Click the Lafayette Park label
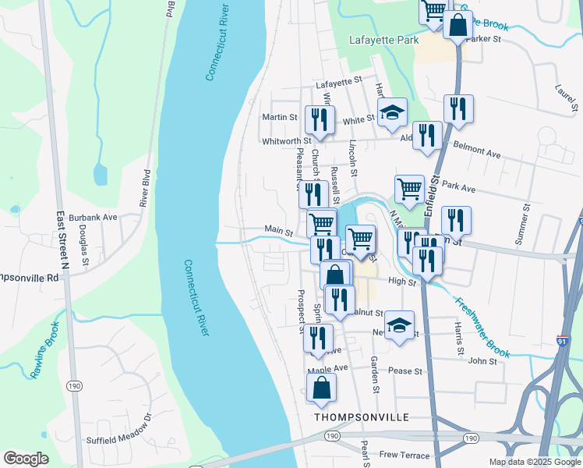[x=383, y=40]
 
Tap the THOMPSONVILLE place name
[x=362, y=417]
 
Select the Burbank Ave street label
[x=94, y=217]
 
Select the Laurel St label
[x=565, y=97]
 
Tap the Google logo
[x=25, y=458]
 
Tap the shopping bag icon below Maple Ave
[x=321, y=388]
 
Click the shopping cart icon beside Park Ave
[x=409, y=188]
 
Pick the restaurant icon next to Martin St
[x=318, y=119]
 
